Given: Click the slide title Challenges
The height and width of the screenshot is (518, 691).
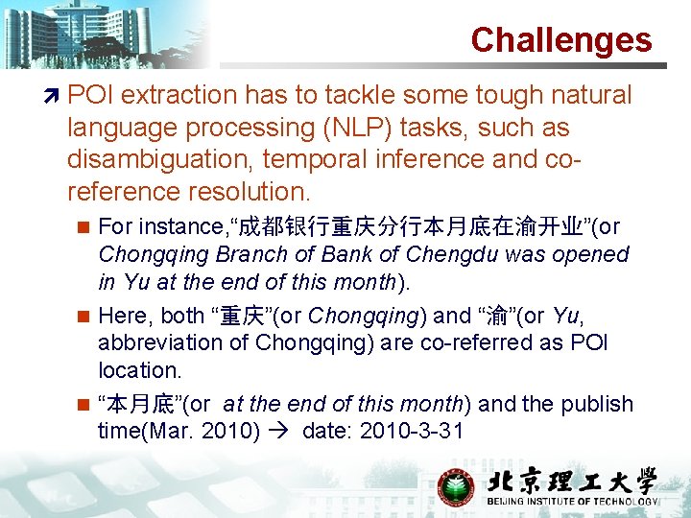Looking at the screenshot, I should coord(560,40).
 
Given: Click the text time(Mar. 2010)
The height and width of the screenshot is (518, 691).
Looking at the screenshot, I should coord(179,432).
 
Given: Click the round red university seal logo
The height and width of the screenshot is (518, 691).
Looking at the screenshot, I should coord(456,486).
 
